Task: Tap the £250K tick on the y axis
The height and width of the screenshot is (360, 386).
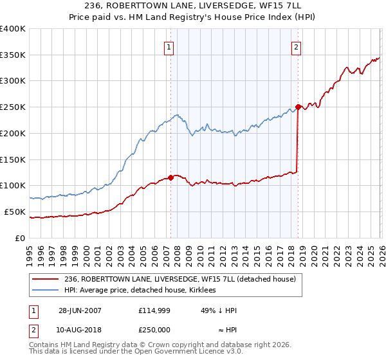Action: click(x=13, y=107)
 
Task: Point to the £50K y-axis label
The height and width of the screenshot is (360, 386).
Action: click(x=15, y=212)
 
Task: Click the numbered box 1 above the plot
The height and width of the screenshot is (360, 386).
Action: click(x=169, y=46)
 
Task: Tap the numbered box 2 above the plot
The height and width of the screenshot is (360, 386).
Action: click(x=296, y=46)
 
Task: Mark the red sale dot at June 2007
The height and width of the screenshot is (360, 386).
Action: click(x=170, y=177)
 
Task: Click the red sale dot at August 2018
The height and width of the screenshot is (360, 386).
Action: click(x=298, y=107)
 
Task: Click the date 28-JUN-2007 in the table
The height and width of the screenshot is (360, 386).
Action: click(x=79, y=310)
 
